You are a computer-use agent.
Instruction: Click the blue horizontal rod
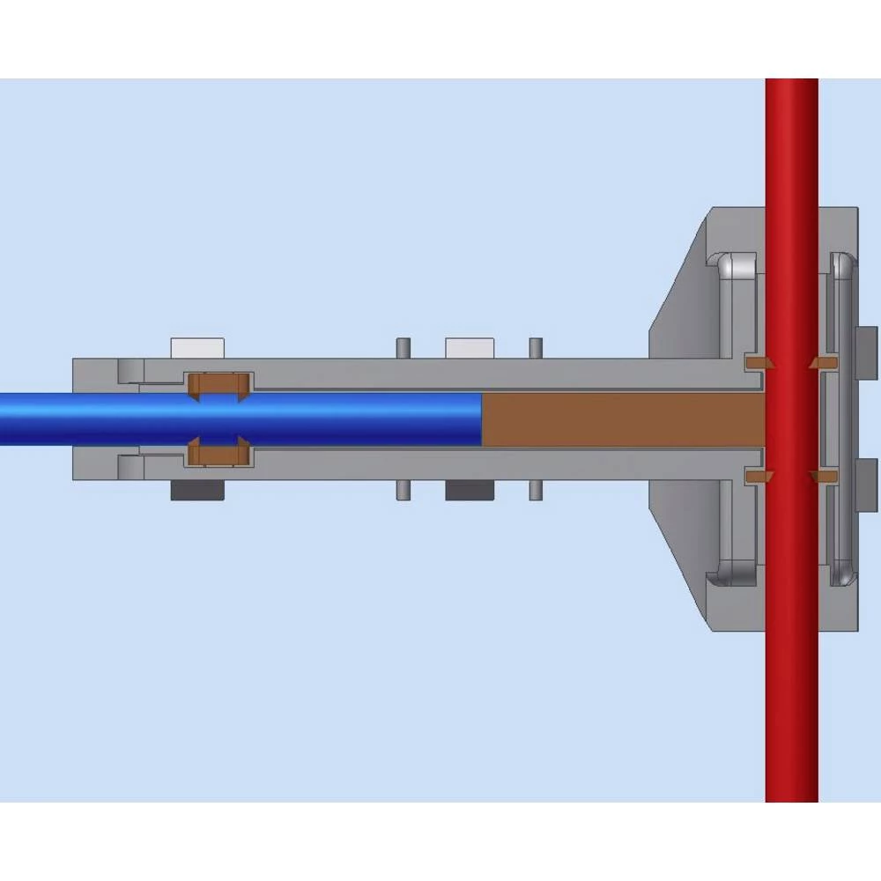pos(238,418)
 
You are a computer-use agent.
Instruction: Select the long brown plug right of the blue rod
pos(621,419)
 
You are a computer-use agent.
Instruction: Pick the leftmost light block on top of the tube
pos(197,347)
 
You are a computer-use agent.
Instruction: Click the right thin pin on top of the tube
pos(535,348)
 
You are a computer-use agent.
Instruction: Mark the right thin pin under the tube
pos(535,490)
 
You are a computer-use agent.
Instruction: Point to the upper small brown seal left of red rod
pos(757,362)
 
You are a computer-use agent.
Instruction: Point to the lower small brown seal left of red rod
pos(757,476)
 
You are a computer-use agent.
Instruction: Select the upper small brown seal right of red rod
pos(825,362)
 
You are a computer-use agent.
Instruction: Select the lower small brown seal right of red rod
pos(825,476)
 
